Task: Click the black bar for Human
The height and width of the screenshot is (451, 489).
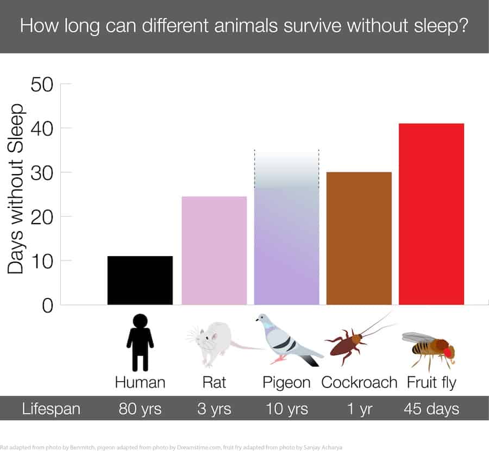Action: (x=140, y=281)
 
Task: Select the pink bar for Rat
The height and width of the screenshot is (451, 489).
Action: (x=214, y=250)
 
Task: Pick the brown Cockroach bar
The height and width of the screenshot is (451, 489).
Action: (x=359, y=238)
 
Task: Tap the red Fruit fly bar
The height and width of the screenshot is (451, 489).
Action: (x=431, y=214)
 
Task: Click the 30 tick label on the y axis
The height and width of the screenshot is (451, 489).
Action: (x=42, y=173)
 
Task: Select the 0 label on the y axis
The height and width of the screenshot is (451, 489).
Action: (x=48, y=306)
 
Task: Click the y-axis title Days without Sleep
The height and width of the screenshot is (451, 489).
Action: (x=16, y=189)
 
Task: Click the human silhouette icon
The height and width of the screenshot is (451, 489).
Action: (x=140, y=342)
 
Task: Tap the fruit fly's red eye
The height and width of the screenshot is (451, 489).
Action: (x=449, y=352)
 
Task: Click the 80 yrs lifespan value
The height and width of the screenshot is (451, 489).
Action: (x=140, y=409)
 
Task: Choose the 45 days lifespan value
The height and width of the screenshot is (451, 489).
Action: (x=431, y=409)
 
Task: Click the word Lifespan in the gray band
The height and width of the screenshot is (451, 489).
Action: (x=51, y=409)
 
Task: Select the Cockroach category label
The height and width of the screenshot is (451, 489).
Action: (x=359, y=382)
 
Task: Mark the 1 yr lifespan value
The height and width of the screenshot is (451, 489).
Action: (x=360, y=409)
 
